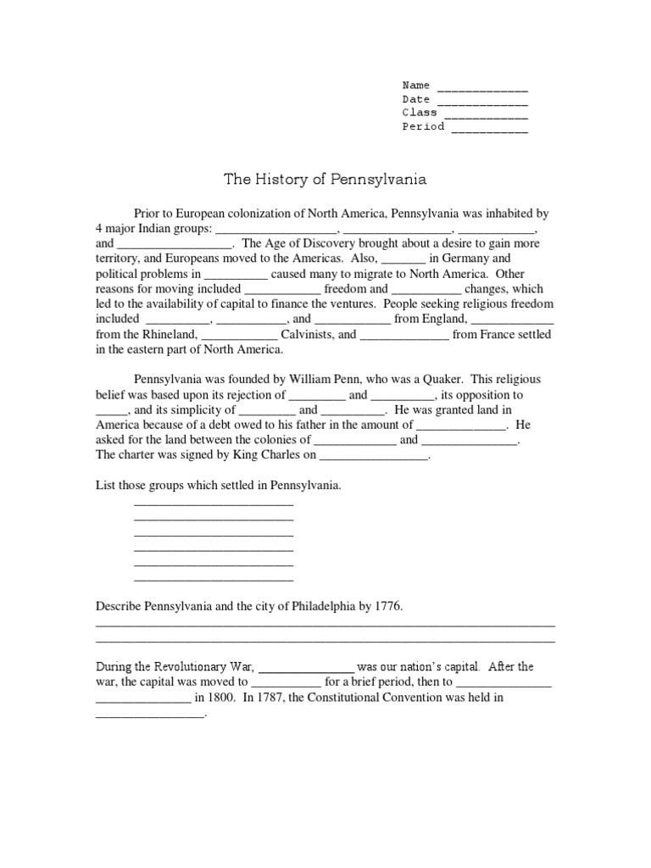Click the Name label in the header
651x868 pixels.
pyautogui.click(x=415, y=85)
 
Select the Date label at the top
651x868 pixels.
pyautogui.click(x=415, y=99)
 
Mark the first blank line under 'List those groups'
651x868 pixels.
pyautogui.click(x=214, y=504)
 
